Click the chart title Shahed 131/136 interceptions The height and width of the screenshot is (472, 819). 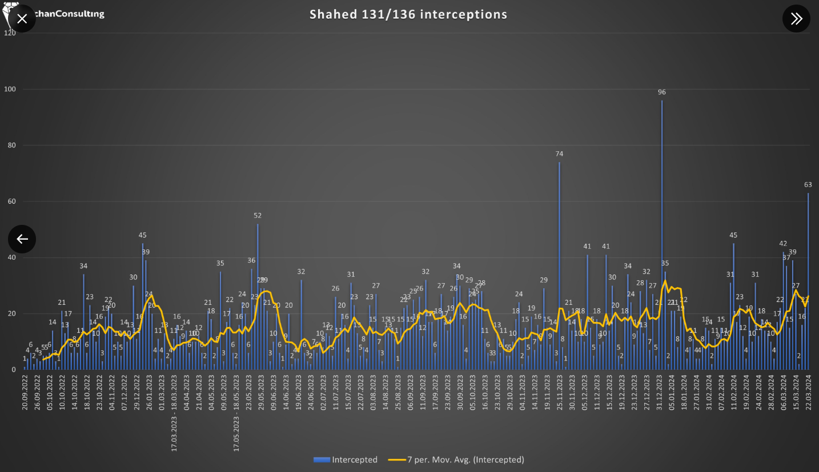pos(408,14)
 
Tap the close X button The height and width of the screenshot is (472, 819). pos(22,19)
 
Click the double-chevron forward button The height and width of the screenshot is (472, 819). pos(796,19)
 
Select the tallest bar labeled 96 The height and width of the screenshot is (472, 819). pos(662,228)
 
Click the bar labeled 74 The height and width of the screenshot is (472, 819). pos(559,263)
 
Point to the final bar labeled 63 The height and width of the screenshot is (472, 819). pos(808,280)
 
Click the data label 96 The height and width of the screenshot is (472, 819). pos(662,92)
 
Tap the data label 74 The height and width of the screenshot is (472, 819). pos(559,154)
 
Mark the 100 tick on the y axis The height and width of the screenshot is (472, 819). pos(10,89)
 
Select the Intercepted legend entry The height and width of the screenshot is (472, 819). pos(346,459)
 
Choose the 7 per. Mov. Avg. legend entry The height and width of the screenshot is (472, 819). pos(456,459)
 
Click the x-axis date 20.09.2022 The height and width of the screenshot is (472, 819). pos(25,394)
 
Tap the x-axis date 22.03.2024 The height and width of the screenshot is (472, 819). pos(808,394)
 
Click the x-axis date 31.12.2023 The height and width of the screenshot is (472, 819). pos(659,394)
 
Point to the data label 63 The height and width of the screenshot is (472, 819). pos(808,184)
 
